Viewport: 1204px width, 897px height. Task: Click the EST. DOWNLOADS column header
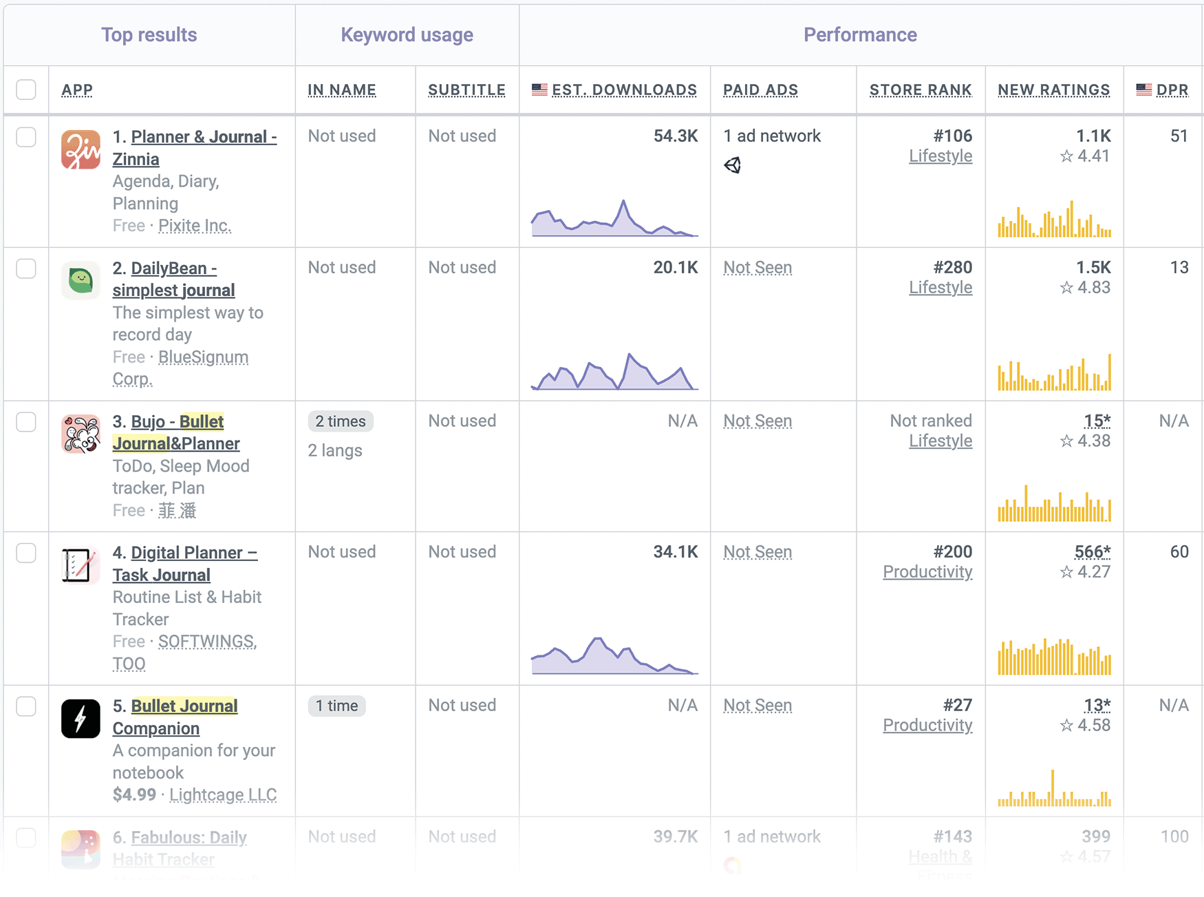(x=623, y=90)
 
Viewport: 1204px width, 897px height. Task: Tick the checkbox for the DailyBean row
(x=26, y=268)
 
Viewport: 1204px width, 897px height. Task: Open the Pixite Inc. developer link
(x=195, y=226)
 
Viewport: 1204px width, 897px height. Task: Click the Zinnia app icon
(x=80, y=150)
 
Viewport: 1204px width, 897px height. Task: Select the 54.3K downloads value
(x=675, y=136)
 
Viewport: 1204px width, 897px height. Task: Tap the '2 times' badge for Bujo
(x=341, y=421)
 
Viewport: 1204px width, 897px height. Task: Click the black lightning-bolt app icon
(x=80, y=719)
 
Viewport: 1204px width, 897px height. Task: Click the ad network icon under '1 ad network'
(x=733, y=165)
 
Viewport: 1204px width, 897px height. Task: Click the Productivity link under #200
(x=927, y=572)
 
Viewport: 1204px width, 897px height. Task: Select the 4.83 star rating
(x=1093, y=288)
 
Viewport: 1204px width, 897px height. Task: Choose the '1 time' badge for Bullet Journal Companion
(x=336, y=706)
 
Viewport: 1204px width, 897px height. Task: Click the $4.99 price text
(x=134, y=795)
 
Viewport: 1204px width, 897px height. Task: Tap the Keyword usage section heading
(x=407, y=35)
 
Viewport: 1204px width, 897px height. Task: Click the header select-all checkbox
(x=26, y=90)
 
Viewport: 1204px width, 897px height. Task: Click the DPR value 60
(x=1179, y=552)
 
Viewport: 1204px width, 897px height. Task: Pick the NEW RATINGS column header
(x=1053, y=90)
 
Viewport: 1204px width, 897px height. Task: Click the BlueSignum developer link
(x=203, y=357)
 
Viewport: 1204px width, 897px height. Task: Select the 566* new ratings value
(x=1092, y=552)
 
